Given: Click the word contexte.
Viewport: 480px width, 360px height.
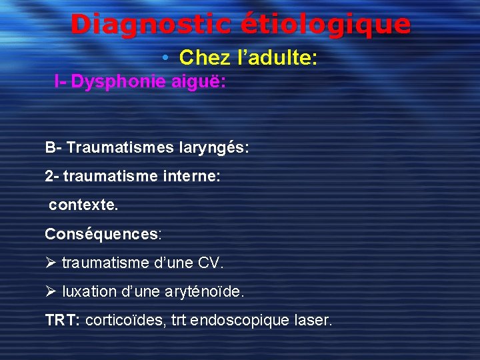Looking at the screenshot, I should [83, 205].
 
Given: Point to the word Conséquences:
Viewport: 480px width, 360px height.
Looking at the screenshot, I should [103, 234].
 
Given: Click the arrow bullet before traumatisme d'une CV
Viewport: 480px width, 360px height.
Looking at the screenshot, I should [51, 263].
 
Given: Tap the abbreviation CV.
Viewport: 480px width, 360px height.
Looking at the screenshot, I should [211, 263].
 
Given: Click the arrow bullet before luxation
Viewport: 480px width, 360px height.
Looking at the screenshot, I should [51, 291].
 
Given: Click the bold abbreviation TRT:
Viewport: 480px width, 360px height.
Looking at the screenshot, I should [63, 320].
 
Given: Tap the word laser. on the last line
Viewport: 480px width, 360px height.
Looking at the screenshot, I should [312, 320].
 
